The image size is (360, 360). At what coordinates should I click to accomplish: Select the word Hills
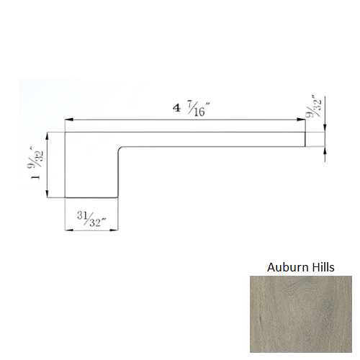point(320,267)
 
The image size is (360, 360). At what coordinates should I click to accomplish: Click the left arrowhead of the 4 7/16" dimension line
point(68,120)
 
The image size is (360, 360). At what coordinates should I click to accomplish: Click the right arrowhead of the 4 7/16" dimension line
point(302,120)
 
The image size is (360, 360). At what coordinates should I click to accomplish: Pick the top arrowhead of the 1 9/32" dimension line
point(48,135)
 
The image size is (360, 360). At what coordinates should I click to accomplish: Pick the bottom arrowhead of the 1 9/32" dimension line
point(48,194)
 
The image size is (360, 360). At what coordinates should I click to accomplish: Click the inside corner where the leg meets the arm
point(119,147)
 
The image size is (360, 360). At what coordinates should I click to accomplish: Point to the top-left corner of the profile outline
point(66,132)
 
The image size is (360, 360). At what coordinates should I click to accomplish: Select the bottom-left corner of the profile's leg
point(66,197)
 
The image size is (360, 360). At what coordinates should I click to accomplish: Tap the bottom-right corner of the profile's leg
point(119,197)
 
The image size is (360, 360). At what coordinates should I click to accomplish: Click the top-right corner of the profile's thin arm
point(305,132)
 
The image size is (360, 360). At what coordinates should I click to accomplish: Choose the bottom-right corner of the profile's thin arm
point(305,147)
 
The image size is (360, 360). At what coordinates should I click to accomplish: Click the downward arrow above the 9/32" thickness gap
point(325,129)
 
